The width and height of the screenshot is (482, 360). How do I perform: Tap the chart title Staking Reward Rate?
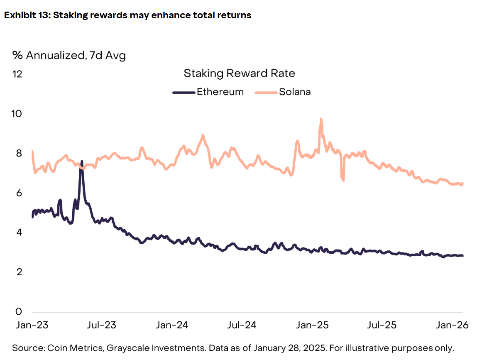[x=239, y=73]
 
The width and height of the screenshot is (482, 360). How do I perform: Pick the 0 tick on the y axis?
[x=19, y=311]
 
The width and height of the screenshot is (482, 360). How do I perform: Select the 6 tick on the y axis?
[x=19, y=193]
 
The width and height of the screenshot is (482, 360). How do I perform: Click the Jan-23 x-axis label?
[x=32, y=325]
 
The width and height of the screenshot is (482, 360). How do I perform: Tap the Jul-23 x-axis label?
[x=102, y=325]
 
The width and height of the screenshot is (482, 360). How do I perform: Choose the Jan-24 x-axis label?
[x=172, y=325]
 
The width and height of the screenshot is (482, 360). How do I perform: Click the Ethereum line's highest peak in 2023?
[x=82, y=162]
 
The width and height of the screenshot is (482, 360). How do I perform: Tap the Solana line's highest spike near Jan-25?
[x=321, y=119]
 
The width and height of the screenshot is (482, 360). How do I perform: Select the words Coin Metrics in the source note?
[x=69, y=348]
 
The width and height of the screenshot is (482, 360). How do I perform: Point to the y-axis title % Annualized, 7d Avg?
[x=69, y=55]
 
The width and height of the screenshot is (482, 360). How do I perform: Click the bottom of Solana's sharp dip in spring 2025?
[x=343, y=180]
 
